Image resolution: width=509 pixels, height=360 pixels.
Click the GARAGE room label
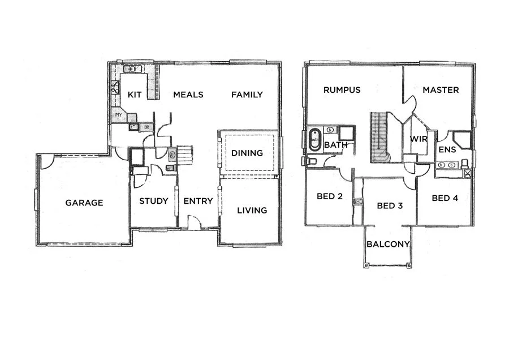click(84, 203)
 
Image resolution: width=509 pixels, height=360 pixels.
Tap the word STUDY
click(154, 201)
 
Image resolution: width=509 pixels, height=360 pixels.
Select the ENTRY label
click(198, 201)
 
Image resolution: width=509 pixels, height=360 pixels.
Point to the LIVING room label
click(252, 211)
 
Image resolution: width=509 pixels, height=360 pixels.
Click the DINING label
click(247, 153)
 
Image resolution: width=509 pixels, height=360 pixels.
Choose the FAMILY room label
click(247, 95)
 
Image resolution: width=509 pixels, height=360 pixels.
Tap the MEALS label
click(188, 95)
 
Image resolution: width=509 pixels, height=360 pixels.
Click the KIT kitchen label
click(134, 95)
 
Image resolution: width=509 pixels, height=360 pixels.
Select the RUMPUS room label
click(342, 89)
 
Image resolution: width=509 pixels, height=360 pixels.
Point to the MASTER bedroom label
click(441, 89)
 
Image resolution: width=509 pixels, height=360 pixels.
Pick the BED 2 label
click(330, 198)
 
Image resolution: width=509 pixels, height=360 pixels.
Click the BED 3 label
click(390, 205)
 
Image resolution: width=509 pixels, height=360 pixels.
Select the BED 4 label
click(445, 198)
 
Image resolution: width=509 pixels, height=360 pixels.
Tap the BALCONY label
click(388, 245)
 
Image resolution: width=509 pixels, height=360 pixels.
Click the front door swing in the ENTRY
click(193, 223)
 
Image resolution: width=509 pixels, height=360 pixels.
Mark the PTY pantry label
click(119, 115)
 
